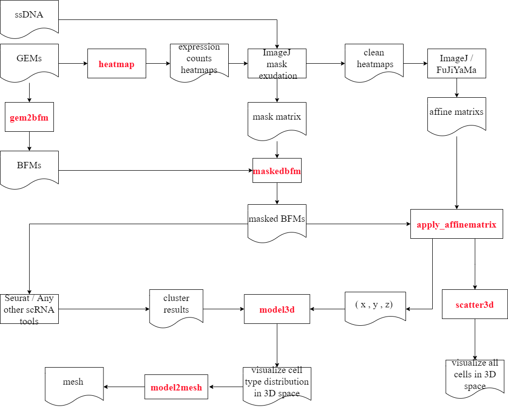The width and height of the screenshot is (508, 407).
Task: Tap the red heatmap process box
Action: [x=117, y=64]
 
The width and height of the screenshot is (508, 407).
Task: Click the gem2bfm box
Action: [x=29, y=117]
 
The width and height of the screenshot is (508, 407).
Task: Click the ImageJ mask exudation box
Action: [x=277, y=64]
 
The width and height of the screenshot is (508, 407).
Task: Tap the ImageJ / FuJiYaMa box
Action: [x=457, y=64]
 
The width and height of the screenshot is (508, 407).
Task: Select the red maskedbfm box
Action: [x=277, y=171]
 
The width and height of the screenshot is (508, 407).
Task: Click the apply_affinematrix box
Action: [x=457, y=224]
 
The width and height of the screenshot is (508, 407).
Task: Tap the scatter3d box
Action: [x=474, y=304]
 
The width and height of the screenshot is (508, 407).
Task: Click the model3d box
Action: [x=277, y=309]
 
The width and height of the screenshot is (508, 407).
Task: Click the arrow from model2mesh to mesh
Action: [x=124, y=387]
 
